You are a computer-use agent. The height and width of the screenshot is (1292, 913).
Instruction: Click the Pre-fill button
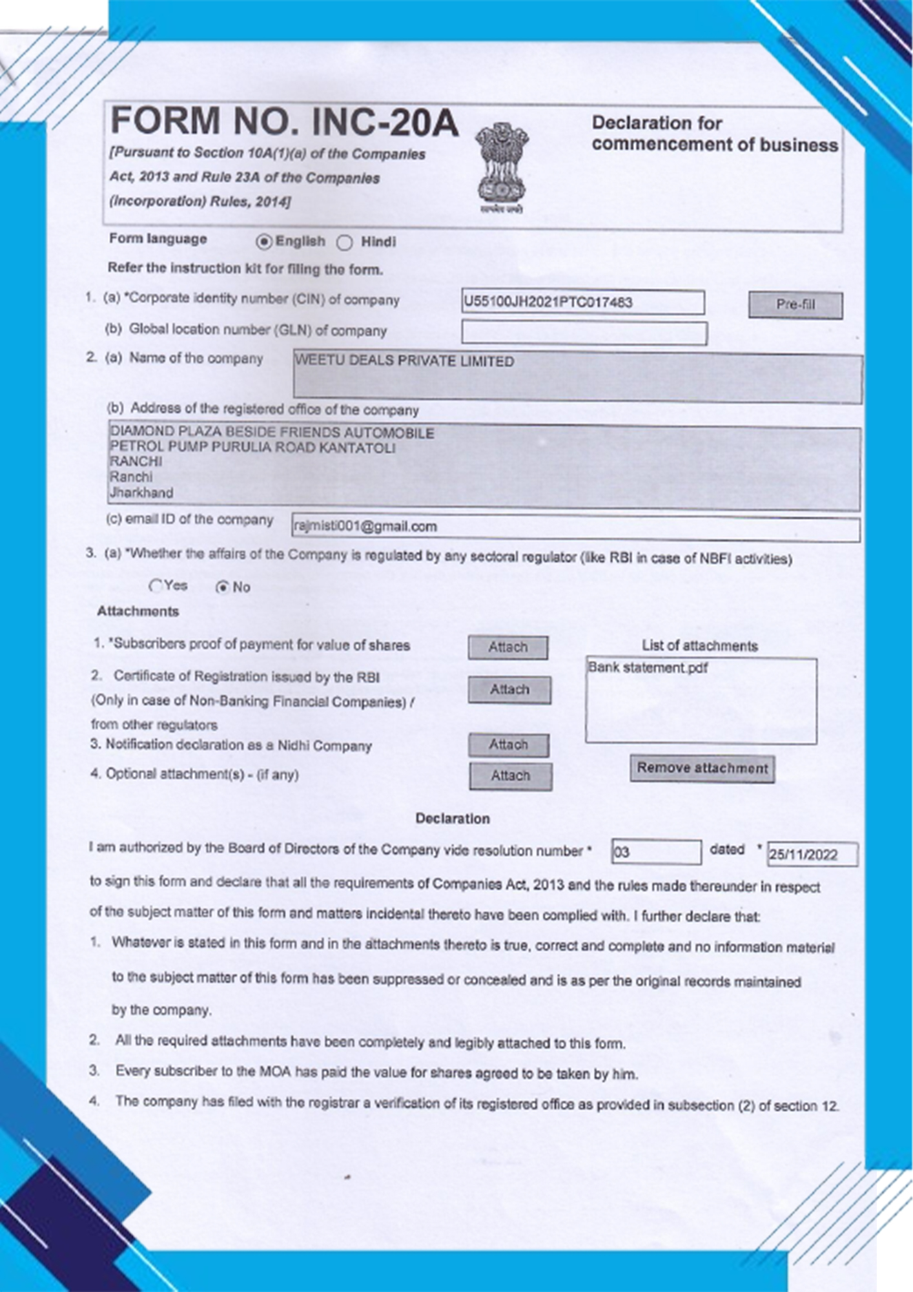click(795, 305)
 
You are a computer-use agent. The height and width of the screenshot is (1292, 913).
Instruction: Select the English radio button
click(263, 242)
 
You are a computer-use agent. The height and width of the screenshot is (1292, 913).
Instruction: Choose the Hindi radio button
click(345, 243)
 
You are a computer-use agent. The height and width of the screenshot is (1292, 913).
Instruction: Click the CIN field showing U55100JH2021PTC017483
click(582, 302)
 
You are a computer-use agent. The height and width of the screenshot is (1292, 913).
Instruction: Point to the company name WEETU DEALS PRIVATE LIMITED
click(405, 362)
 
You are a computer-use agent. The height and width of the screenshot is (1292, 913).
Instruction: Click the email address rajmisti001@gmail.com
click(365, 527)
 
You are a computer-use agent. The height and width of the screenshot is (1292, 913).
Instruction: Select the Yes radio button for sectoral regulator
click(156, 586)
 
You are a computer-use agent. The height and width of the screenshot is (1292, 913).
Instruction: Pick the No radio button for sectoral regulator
click(223, 587)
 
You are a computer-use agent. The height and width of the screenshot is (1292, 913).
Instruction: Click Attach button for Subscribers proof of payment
click(508, 647)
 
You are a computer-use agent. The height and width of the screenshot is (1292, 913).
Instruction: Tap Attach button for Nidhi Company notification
click(509, 745)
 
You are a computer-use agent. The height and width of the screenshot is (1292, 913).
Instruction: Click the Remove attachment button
click(703, 769)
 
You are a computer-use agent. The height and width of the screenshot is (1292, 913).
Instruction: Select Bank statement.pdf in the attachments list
click(648, 668)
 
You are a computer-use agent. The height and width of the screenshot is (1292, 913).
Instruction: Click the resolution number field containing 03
click(656, 852)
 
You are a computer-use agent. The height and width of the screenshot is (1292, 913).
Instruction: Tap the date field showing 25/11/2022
click(812, 855)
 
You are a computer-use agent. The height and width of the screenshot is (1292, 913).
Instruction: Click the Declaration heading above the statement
click(453, 818)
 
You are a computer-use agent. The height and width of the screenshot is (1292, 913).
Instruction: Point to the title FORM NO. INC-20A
click(285, 122)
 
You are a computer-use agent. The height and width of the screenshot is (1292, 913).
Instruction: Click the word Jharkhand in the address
click(141, 493)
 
